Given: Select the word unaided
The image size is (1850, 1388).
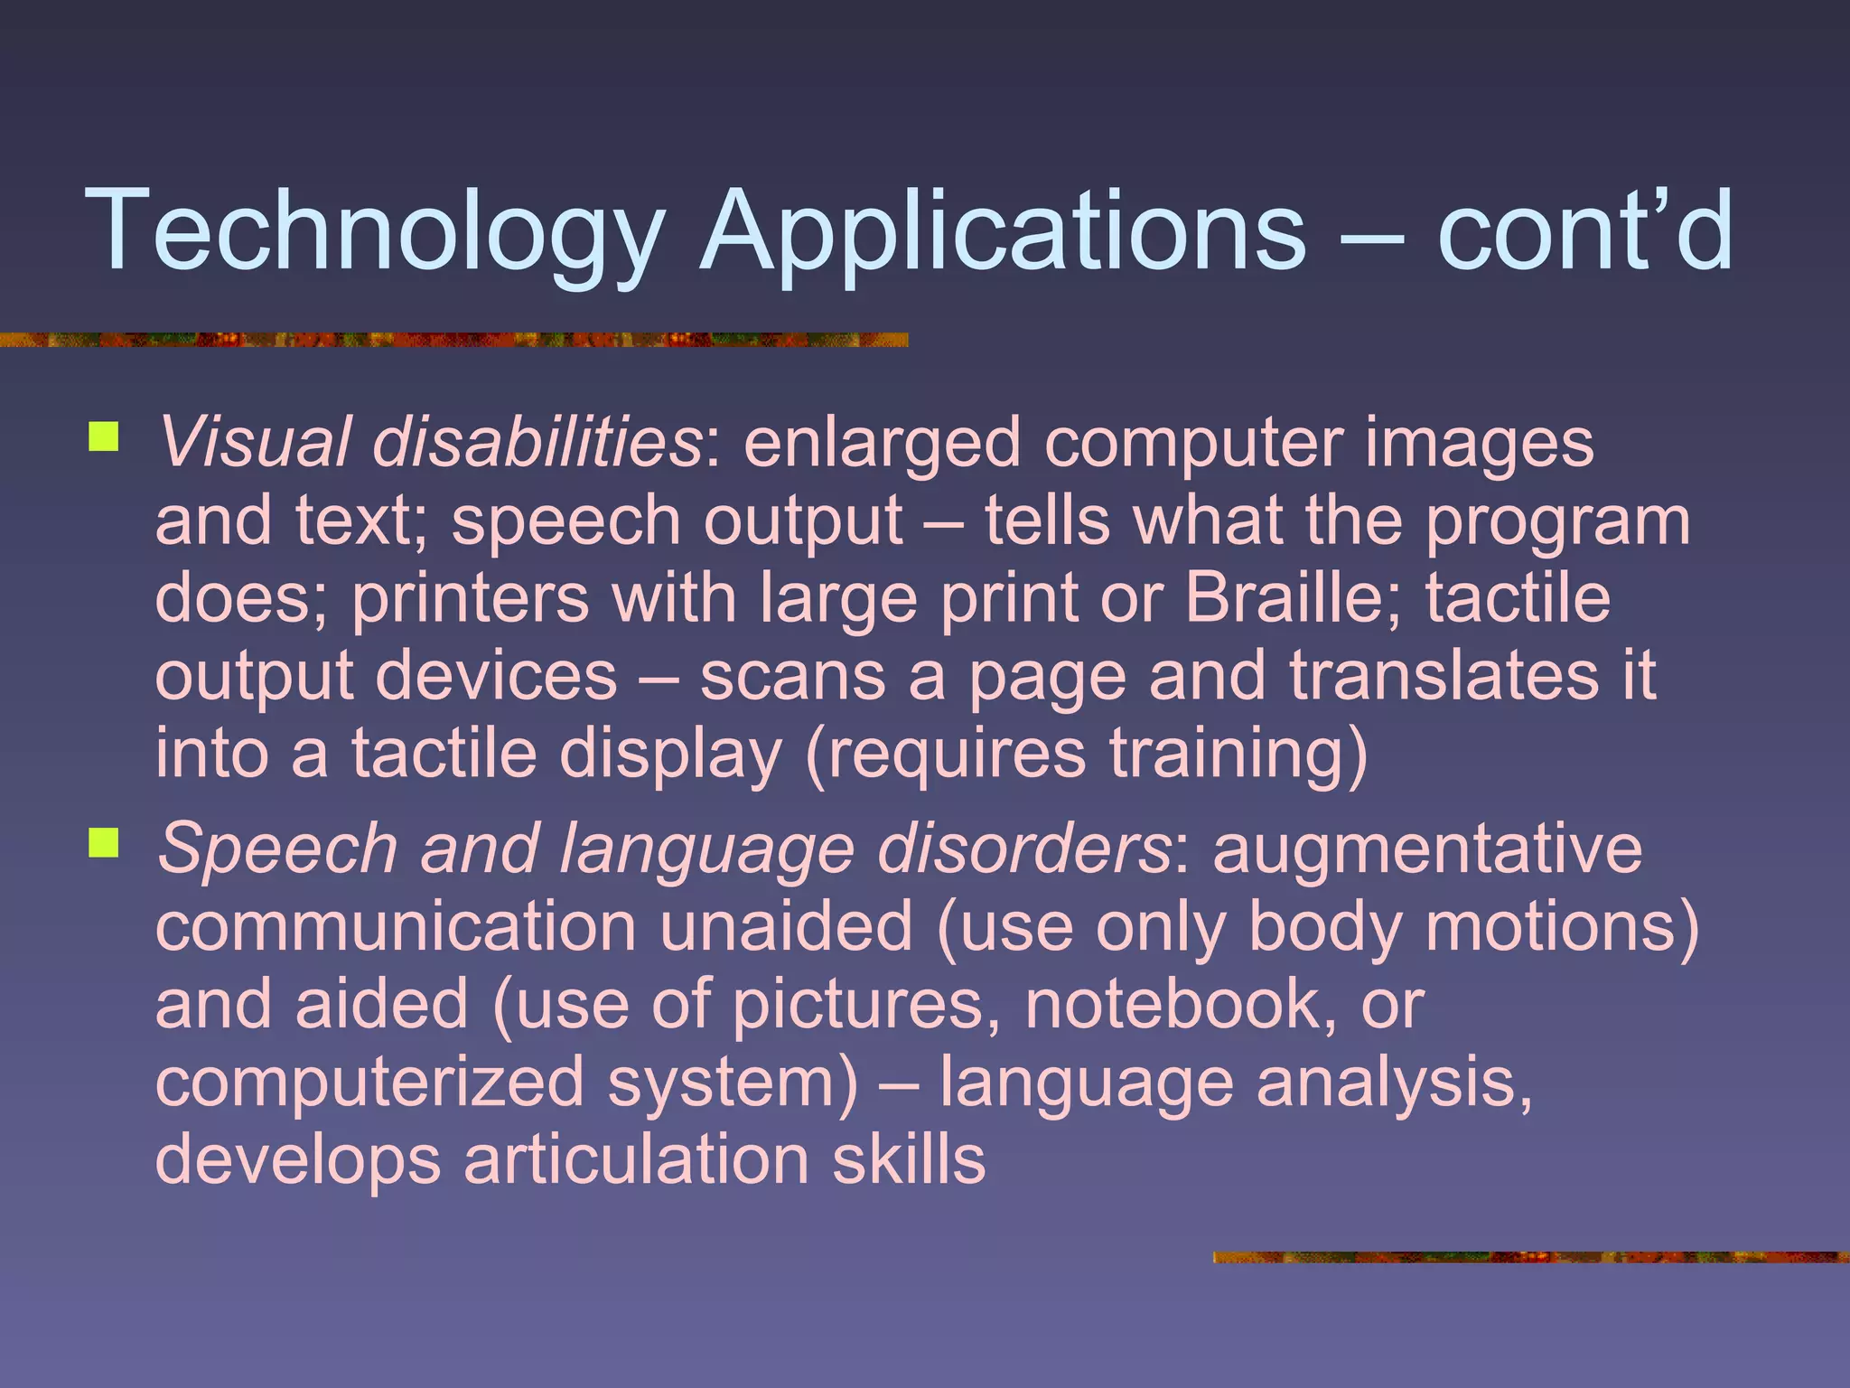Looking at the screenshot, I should pos(786,927).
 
